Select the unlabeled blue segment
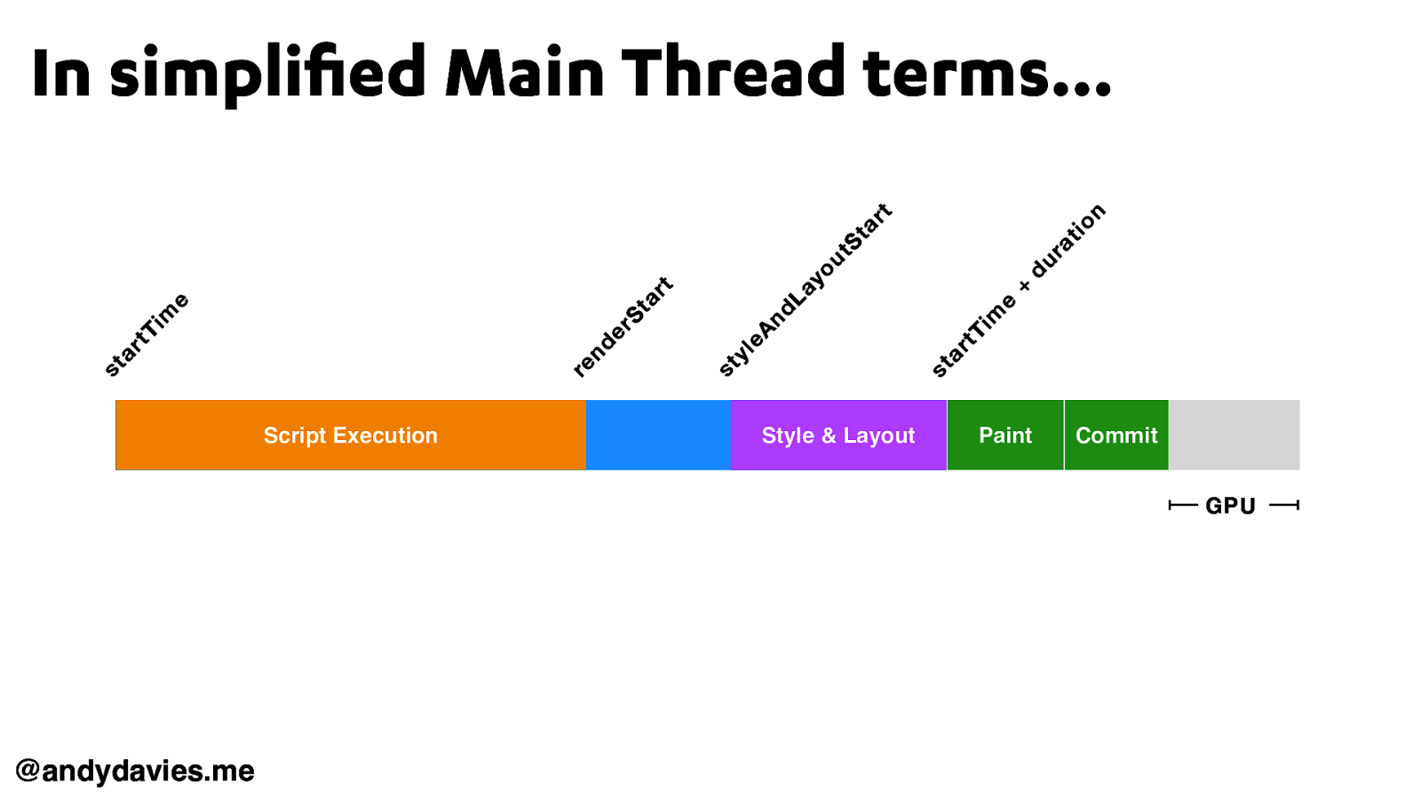pyautogui.click(x=658, y=435)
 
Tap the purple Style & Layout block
pyautogui.click(x=838, y=435)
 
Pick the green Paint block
pyautogui.click(x=1005, y=435)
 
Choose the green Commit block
pyautogui.click(x=1116, y=435)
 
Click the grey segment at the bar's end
pyautogui.click(x=1234, y=435)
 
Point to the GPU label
pyautogui.click(x=1230, y=506)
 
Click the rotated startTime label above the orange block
pyautogui.click(x=147, y=334)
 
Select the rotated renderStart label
pyautogui.click(x=623, y=326)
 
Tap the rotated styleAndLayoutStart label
pyautogui.click(x=805, y=290)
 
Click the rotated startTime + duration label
pyautogui.click(x=1019, y=290)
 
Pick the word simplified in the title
pyautogui.click(x=267, y=73)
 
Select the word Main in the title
pyautogui.click(x=524, y=73)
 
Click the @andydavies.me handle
pyautogui.click(x=135, y=770)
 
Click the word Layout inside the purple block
pyautogui.click(x=878, y=436)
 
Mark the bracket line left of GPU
pyautogui.click(x=1183, y=506)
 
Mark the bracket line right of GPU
pyautogui.click(x=1284, y=506)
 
